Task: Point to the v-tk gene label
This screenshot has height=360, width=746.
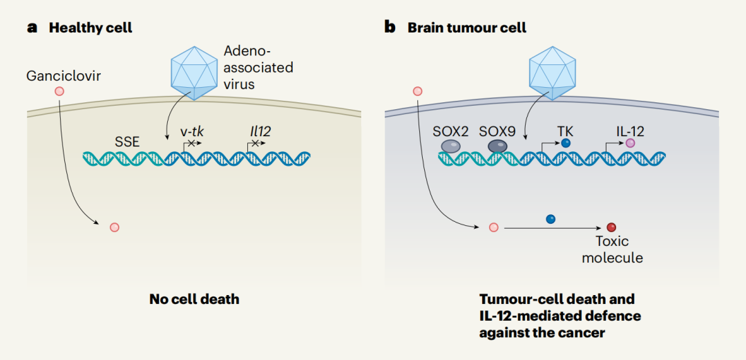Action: click(191, 130)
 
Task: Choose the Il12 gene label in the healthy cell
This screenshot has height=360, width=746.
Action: click(257, 130)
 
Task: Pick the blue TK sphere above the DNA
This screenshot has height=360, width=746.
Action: click(566, 143)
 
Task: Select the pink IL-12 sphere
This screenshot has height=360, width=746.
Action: click(631, 143)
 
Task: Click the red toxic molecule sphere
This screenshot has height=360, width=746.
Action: click(611, 227)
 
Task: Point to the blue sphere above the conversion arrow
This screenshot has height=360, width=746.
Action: click(551, 219)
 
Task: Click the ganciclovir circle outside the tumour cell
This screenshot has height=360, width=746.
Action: click(417, 91)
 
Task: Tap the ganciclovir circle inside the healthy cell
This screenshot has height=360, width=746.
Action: click(114, 227)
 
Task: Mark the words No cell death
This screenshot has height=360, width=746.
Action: click(194, 299)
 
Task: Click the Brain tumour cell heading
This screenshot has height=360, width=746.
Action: click(467, 28)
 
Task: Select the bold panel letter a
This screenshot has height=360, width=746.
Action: click(32, 28)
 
